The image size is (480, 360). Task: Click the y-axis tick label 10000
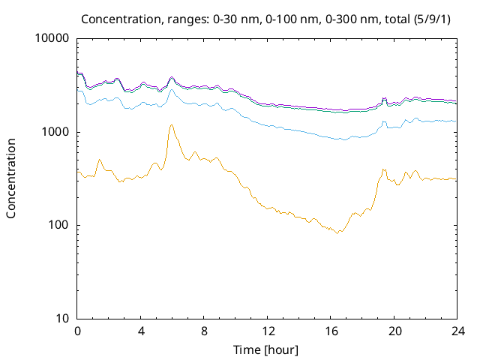click(52, 39)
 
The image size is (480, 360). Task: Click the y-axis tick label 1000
click(55, 132)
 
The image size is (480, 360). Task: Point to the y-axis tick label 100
click(58, 225)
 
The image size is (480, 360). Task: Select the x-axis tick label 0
click(77, 331)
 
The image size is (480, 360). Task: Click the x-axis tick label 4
click(141, 331)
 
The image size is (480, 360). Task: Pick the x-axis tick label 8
click(204, 331)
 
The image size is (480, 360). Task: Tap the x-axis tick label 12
click(268, 331)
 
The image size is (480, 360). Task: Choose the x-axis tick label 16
click(331, 331)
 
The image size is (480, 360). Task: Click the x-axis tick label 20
click(394, 331)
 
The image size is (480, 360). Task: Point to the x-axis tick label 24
click(457, 331)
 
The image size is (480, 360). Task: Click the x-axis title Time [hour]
click(267, 349)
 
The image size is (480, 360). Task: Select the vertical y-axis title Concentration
click(11, 178)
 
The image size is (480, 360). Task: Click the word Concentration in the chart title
click(120, 18)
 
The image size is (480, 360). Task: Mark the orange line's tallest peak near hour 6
click(171, 125)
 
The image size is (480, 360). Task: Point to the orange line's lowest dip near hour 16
click(338, 233)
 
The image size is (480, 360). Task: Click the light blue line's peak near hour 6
click(171, 90)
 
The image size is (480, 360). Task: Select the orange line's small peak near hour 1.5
click(100, 159)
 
